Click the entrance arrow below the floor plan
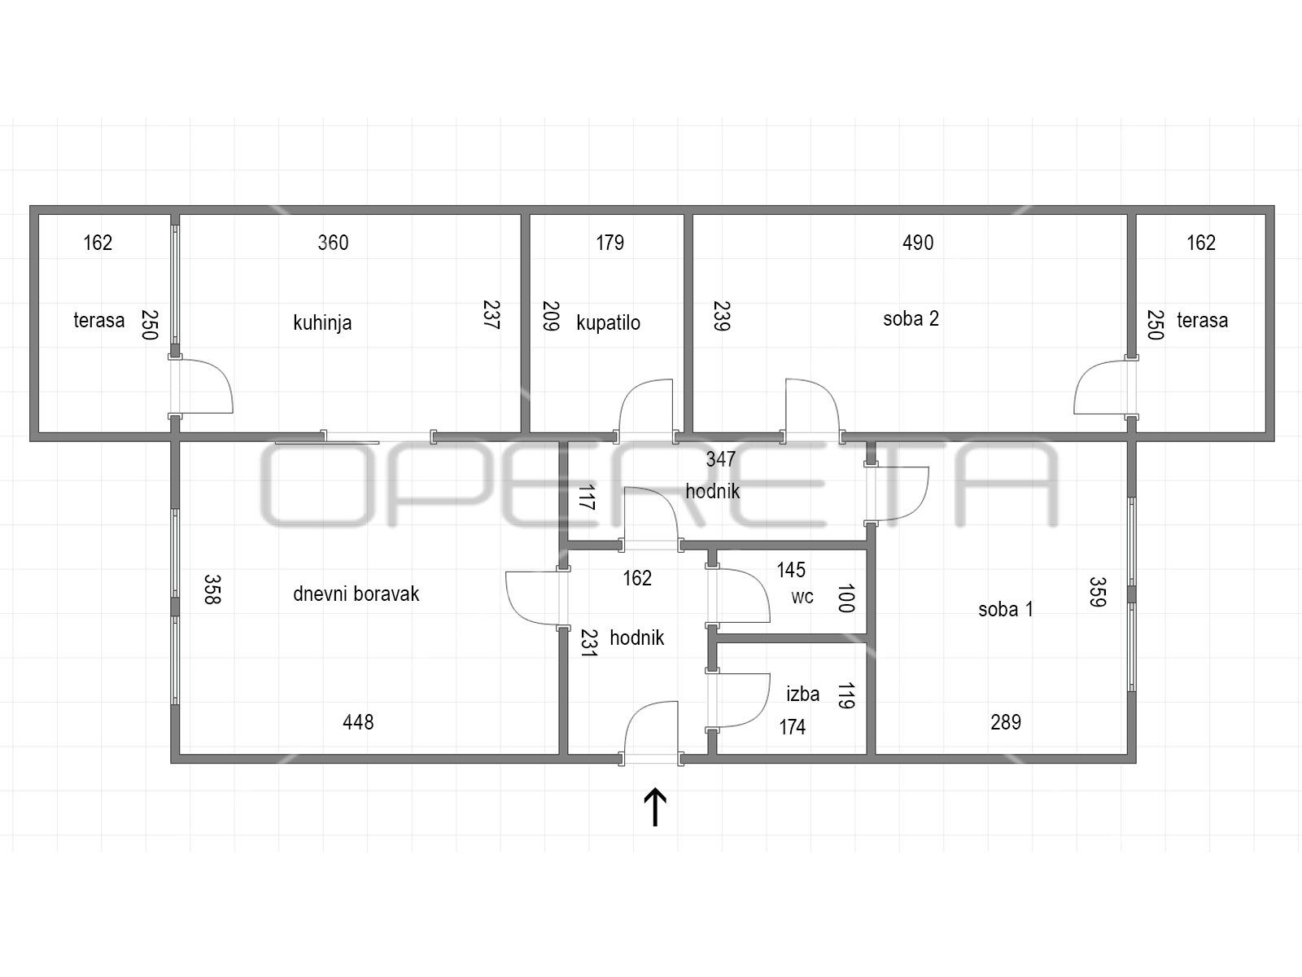[x=655, y=807]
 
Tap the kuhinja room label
[x=323, y=322]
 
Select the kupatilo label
[x=609, y=322]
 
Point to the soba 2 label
[x=911, y=319]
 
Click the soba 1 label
[x=1006, y=609]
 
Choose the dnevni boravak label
[x=356, y=594]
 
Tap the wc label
[x=802, y=598]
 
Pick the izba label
[x=803, y=694]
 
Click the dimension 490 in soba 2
[x=918, y=243]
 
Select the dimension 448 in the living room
[x=358, y=722]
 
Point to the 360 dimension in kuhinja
[x=333, y=243]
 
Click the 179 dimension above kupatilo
[x=609, y=243]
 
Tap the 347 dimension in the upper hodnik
[x=721, y=459]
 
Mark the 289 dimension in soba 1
[x=1006, y=722]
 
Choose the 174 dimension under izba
[x=793, y=727]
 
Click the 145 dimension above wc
[x=791, y=570]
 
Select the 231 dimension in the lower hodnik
[x=588, y=643]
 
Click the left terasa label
[x=99, y=320]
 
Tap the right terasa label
[x=1203, y=320]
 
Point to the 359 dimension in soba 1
[x=1098, y=592]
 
